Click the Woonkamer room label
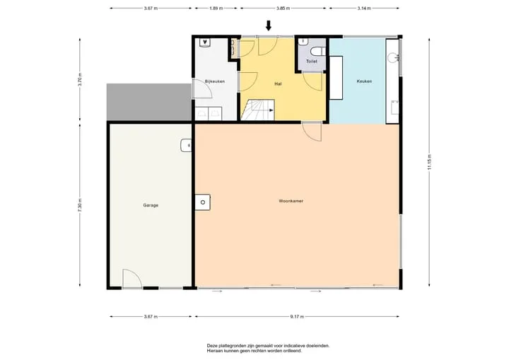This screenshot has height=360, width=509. click(x=291, y=201)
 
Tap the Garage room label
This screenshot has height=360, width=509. click(x=151, y=205)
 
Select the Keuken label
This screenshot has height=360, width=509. click(x=364, y=81)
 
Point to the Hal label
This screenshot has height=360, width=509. click(x=278, y=84)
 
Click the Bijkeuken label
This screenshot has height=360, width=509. click(x=215, y=81)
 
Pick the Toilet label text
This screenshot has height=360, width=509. click(x=312, y=61)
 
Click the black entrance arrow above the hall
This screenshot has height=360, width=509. click(x=269, y=25)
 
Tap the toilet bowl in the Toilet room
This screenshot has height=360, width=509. click(x=316, y=52)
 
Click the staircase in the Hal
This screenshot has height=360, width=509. click(x=258, y=110)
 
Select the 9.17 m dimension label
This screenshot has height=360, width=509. click(x=297, y=316)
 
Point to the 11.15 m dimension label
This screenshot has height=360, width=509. click(x=429, y=161)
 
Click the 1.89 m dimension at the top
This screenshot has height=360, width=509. click(x=216, y=8)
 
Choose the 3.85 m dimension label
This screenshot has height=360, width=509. click(x=283, y=8)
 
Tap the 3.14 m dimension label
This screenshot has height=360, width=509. click(x=364, y=8)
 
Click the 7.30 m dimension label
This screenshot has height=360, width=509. click(x=80, y=205)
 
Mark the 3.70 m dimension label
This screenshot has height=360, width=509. click(x=80, y=80)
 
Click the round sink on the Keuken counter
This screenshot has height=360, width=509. click(x=392, y=58)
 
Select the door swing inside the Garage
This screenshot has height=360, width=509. click(x=132, y=279)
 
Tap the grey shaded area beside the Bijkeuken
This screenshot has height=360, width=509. click(x=149, y=102)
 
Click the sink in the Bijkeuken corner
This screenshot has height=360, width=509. click(x=205, y=42)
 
